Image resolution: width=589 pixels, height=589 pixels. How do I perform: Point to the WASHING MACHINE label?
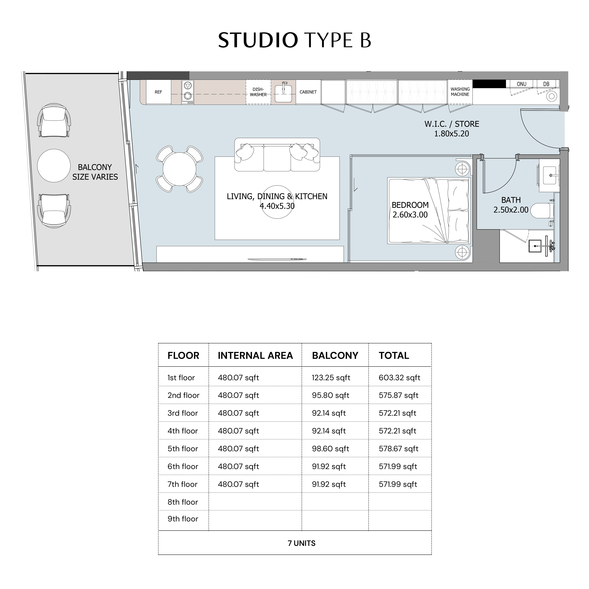point(460,92)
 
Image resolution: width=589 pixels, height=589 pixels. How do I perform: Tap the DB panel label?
point(546,84)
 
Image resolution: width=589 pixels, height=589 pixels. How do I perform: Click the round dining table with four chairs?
point(180,169)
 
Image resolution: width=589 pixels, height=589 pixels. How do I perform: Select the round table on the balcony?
point(54,166)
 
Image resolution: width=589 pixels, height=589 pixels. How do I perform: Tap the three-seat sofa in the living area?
point(277,154)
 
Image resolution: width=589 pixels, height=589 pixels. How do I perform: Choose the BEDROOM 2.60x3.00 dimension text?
point(410,210)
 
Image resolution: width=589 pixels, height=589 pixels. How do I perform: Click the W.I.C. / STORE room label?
point(452,124)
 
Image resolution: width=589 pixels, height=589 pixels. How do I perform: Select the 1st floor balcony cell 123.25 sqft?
point(331,378)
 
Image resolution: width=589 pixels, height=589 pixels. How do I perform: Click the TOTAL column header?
point(394,355)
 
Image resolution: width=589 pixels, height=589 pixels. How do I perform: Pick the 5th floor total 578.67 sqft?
point(399,449)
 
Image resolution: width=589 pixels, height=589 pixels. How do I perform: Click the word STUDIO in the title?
point(258,40)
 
